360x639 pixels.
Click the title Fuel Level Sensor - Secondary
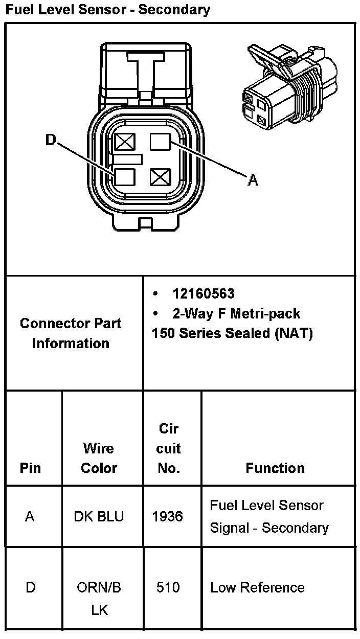(x=108, y=10)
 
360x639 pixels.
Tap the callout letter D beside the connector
(x=50, y=140)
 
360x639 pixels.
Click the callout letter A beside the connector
(x=253, y=180)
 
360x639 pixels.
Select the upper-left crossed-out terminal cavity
(x=124, y=142)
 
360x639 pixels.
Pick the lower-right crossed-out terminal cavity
(x=160, y=177)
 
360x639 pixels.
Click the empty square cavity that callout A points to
(x=160, y=142)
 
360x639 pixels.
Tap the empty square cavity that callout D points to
(x=124, y=177)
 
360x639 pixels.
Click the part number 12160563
(x=204, y=293)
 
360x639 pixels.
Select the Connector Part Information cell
(x=71, y=333)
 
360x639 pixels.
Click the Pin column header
(x=31, y=468)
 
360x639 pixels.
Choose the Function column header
(x=275, y=468)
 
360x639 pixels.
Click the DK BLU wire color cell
(x=99, y=516)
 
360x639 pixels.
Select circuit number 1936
(x=168, y=516)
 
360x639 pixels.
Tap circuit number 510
(x=168, y=587)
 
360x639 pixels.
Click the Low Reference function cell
(x=257, y=587)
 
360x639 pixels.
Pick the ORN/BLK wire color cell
(x=99, y=598)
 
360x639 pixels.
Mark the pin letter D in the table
(x=31, y=587)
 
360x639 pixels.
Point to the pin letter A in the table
(x=30, y=516)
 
